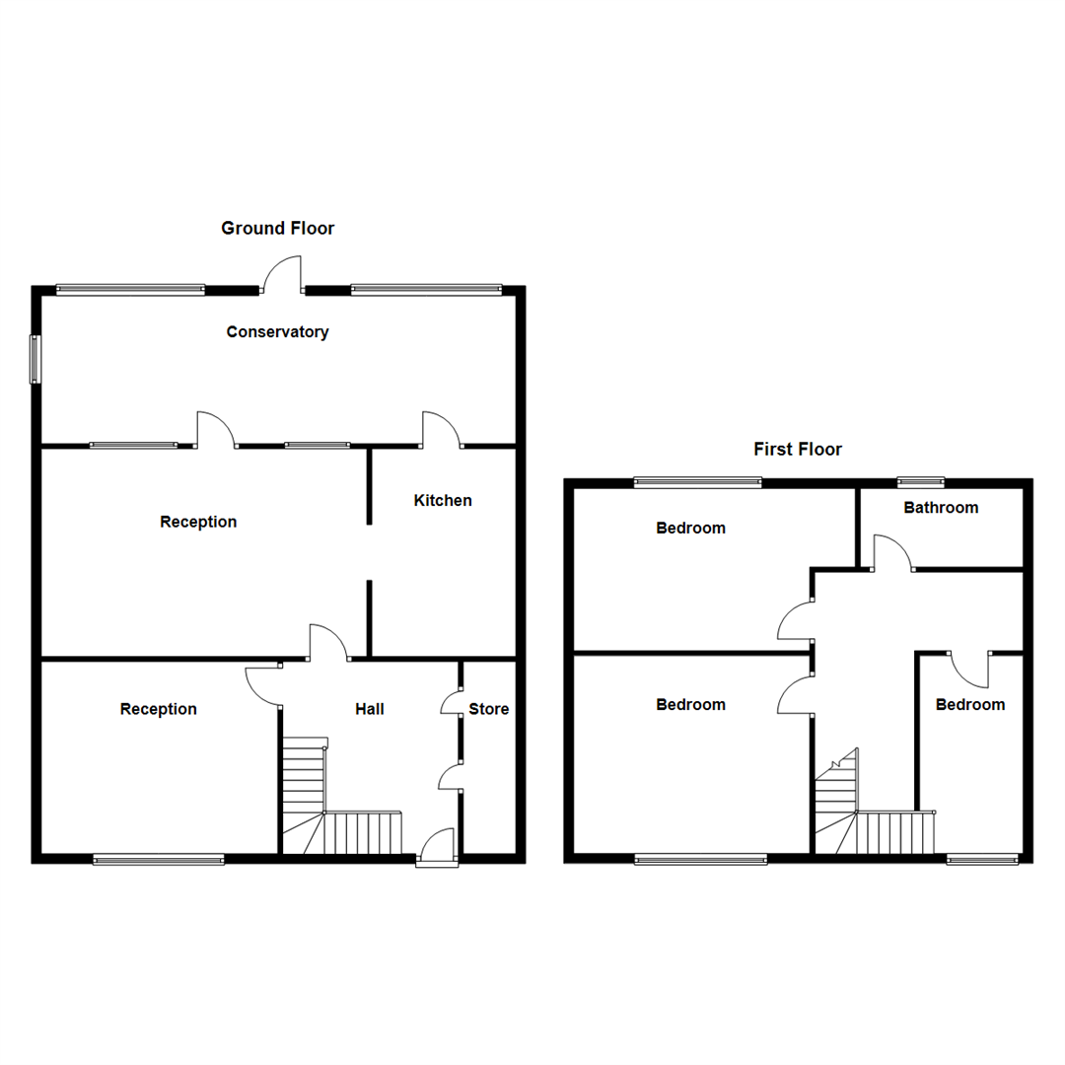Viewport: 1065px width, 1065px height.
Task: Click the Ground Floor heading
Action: tap(277, 229)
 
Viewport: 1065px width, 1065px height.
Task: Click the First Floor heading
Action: tap(798, 450)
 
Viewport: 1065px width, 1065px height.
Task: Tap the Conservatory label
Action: tap(277, 332)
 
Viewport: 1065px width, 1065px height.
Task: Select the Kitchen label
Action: tap(442, 501)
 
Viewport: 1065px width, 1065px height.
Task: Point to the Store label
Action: tap(488, 709)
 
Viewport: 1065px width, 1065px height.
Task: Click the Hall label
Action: tap(370, 709)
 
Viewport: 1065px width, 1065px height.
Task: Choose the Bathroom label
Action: tap(941, 508)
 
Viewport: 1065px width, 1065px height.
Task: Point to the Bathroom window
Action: tap(921, 482)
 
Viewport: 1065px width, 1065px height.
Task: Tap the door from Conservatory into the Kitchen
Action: tap(442, 430)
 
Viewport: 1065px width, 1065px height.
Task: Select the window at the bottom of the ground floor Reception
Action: tap(159, 860)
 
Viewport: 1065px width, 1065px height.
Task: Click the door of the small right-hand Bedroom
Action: tap(970, 670)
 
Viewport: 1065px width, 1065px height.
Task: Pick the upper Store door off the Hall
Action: tap(451, 702)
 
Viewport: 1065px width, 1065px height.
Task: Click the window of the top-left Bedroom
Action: tap(697, 482)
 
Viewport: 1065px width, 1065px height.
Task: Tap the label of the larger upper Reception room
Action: tap(198, 522)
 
